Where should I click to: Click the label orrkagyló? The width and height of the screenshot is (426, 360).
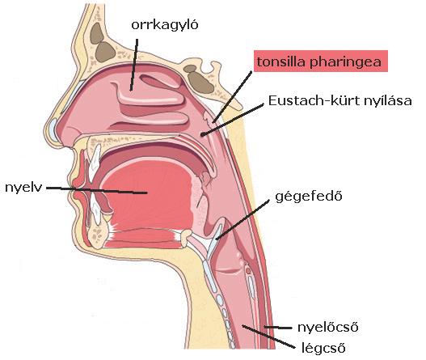pos(165,25)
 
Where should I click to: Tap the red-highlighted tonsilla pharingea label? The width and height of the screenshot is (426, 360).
pos(321,61)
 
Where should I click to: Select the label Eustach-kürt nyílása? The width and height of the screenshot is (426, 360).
pos(340,100)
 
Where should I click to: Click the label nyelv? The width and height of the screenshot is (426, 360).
pos(23,188)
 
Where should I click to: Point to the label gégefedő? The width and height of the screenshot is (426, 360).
pos(309,197)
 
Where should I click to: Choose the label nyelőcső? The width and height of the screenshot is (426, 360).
pos(328,327)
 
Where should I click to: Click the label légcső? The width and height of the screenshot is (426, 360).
pos(323,348)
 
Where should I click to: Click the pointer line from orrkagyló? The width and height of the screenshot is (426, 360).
pos(134,65)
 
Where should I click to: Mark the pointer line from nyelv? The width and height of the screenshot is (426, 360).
pos(97,190)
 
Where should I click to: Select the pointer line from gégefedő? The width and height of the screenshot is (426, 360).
pos(243,220)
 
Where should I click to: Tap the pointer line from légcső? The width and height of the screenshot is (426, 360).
pos(268,337)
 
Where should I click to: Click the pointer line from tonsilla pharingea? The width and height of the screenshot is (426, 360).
pos(233,97)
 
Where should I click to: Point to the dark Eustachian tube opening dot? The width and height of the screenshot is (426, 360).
pos(202,133)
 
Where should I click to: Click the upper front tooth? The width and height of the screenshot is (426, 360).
pos(94,161)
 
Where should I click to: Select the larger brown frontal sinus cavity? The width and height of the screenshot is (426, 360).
pos(105,52)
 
